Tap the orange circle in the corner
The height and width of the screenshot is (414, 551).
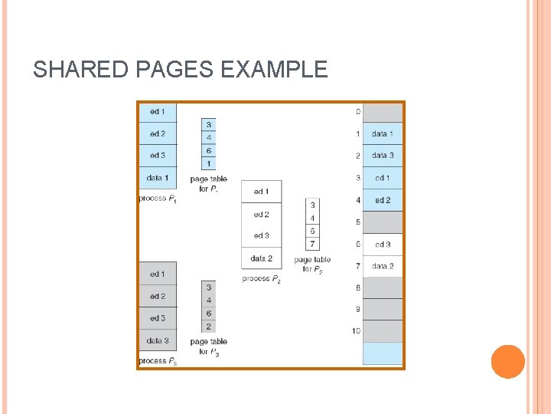pyautogui.click(x=507, y=362)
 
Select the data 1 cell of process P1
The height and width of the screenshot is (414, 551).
pyautogui.click(x=158, y=178)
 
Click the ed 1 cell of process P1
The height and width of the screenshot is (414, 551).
pyautogui.click(x=158, y=112)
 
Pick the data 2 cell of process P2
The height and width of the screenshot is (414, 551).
pyautogui.click(x=261, y=258)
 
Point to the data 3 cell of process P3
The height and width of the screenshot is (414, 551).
pyautogui.click(x=158, y=340)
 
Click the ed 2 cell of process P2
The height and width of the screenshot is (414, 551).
pyautogui.click(x=261, y=215)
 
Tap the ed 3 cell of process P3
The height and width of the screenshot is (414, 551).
pyautogui.click(x=158, y=318)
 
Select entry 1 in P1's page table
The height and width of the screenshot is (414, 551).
pyautogui.click(x=209, y=164)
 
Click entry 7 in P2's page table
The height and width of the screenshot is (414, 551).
pyautogui.click(x=312, y=244)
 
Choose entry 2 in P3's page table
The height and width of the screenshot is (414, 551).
pyautogui.click(x=209, y=327)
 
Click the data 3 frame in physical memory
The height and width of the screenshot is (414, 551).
pyautogui.click(x=382, y=156)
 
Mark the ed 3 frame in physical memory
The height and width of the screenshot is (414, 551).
pyautogui.click(x=382, y=245)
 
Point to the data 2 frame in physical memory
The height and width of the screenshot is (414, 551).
pyautogui.click(x=382, y=266)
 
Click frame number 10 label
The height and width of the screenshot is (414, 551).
pyautogui.click(x=356, y=331)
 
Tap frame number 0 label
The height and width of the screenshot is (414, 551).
pyautogui.click(x=357, y=113)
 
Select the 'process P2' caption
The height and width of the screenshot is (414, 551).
pyautogui.click(x=262, y=278)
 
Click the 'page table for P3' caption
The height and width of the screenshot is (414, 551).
pyautogui.click(x=209, y=347)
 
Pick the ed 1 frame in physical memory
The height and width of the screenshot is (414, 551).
pyautogui.click(x=382, y=178)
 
